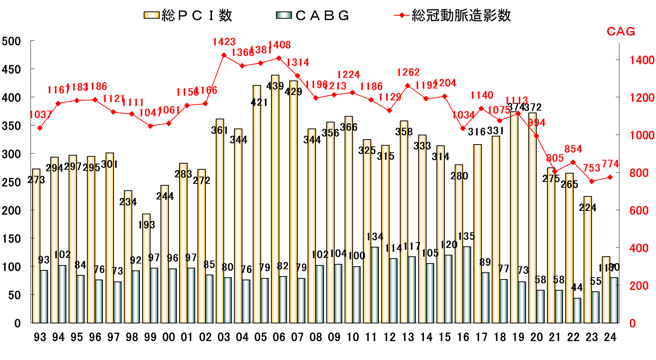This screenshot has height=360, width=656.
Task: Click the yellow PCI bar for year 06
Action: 275,198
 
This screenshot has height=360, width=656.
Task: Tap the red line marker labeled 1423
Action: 224,55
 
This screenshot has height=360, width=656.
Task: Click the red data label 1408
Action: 279,45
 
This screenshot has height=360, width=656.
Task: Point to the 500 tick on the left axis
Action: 11,41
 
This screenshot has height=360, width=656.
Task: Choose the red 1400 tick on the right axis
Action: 642,60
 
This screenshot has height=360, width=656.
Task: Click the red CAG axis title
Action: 621,31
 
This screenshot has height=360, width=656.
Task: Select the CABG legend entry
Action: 313,16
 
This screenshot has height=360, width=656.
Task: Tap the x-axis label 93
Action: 40,337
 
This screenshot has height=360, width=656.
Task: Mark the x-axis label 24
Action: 610,337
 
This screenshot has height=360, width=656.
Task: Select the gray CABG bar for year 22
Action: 577,310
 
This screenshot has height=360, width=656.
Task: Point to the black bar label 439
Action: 275,86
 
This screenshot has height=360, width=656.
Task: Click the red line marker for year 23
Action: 592,182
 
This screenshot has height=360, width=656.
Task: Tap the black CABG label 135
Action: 466,236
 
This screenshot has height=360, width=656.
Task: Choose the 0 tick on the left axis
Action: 17,323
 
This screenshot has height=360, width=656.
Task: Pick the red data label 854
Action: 573,149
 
